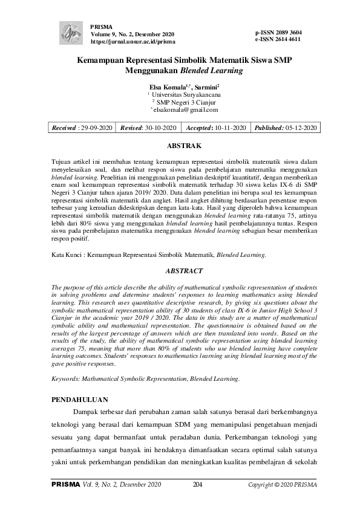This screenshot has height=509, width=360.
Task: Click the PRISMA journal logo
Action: [72, 30]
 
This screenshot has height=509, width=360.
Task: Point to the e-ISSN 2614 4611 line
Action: [278, 39]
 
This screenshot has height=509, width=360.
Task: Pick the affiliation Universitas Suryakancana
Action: [185, 95]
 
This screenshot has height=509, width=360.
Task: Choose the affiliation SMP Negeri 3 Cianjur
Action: [185, 103]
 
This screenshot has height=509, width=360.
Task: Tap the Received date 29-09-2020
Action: [96, 128]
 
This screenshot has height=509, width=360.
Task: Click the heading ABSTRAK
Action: [180, 146]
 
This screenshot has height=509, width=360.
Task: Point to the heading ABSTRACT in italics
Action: [180, 271]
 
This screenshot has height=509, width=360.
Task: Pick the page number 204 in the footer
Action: [197, 484]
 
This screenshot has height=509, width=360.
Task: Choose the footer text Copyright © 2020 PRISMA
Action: [283, 484]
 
